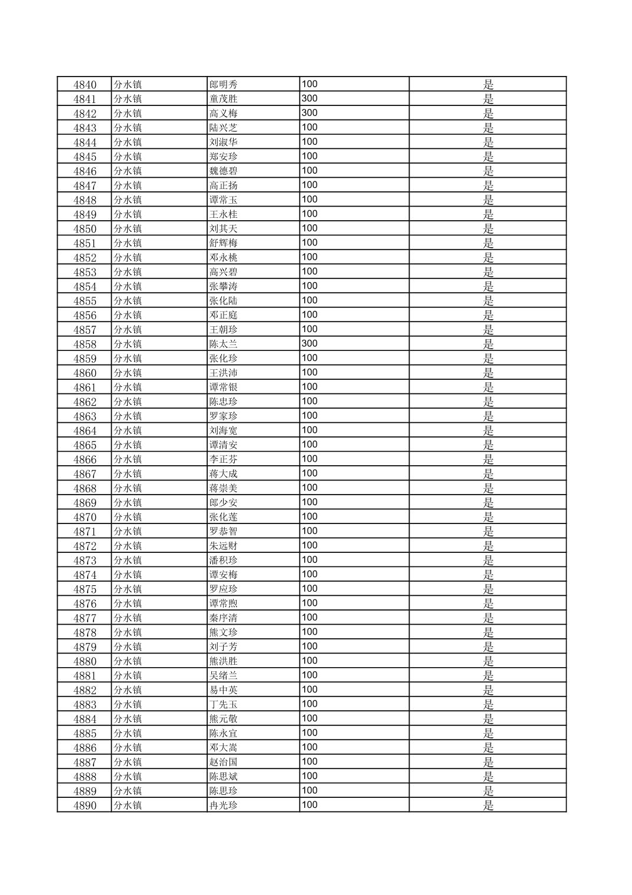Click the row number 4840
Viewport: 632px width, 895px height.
point(85,85)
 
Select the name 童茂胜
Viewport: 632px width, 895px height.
point(224,99)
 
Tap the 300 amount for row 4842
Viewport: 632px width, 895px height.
point(310,113)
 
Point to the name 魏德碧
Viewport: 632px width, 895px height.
point(224,171)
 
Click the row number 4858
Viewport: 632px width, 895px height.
point(85,344)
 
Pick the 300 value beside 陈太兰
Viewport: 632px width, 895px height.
point(310,344)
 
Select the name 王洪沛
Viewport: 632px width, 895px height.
point(224,373)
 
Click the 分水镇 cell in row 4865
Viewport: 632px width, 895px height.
point(128,445)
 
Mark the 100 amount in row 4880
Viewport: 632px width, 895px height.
point(310,661)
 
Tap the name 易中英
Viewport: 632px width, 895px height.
point(224,690)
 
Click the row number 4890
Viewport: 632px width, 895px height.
point(85,805)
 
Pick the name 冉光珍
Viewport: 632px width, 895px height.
point(224,805)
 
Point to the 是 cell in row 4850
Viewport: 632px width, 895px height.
point(488,229)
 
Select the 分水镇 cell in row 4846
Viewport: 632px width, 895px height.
point(128,171)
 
